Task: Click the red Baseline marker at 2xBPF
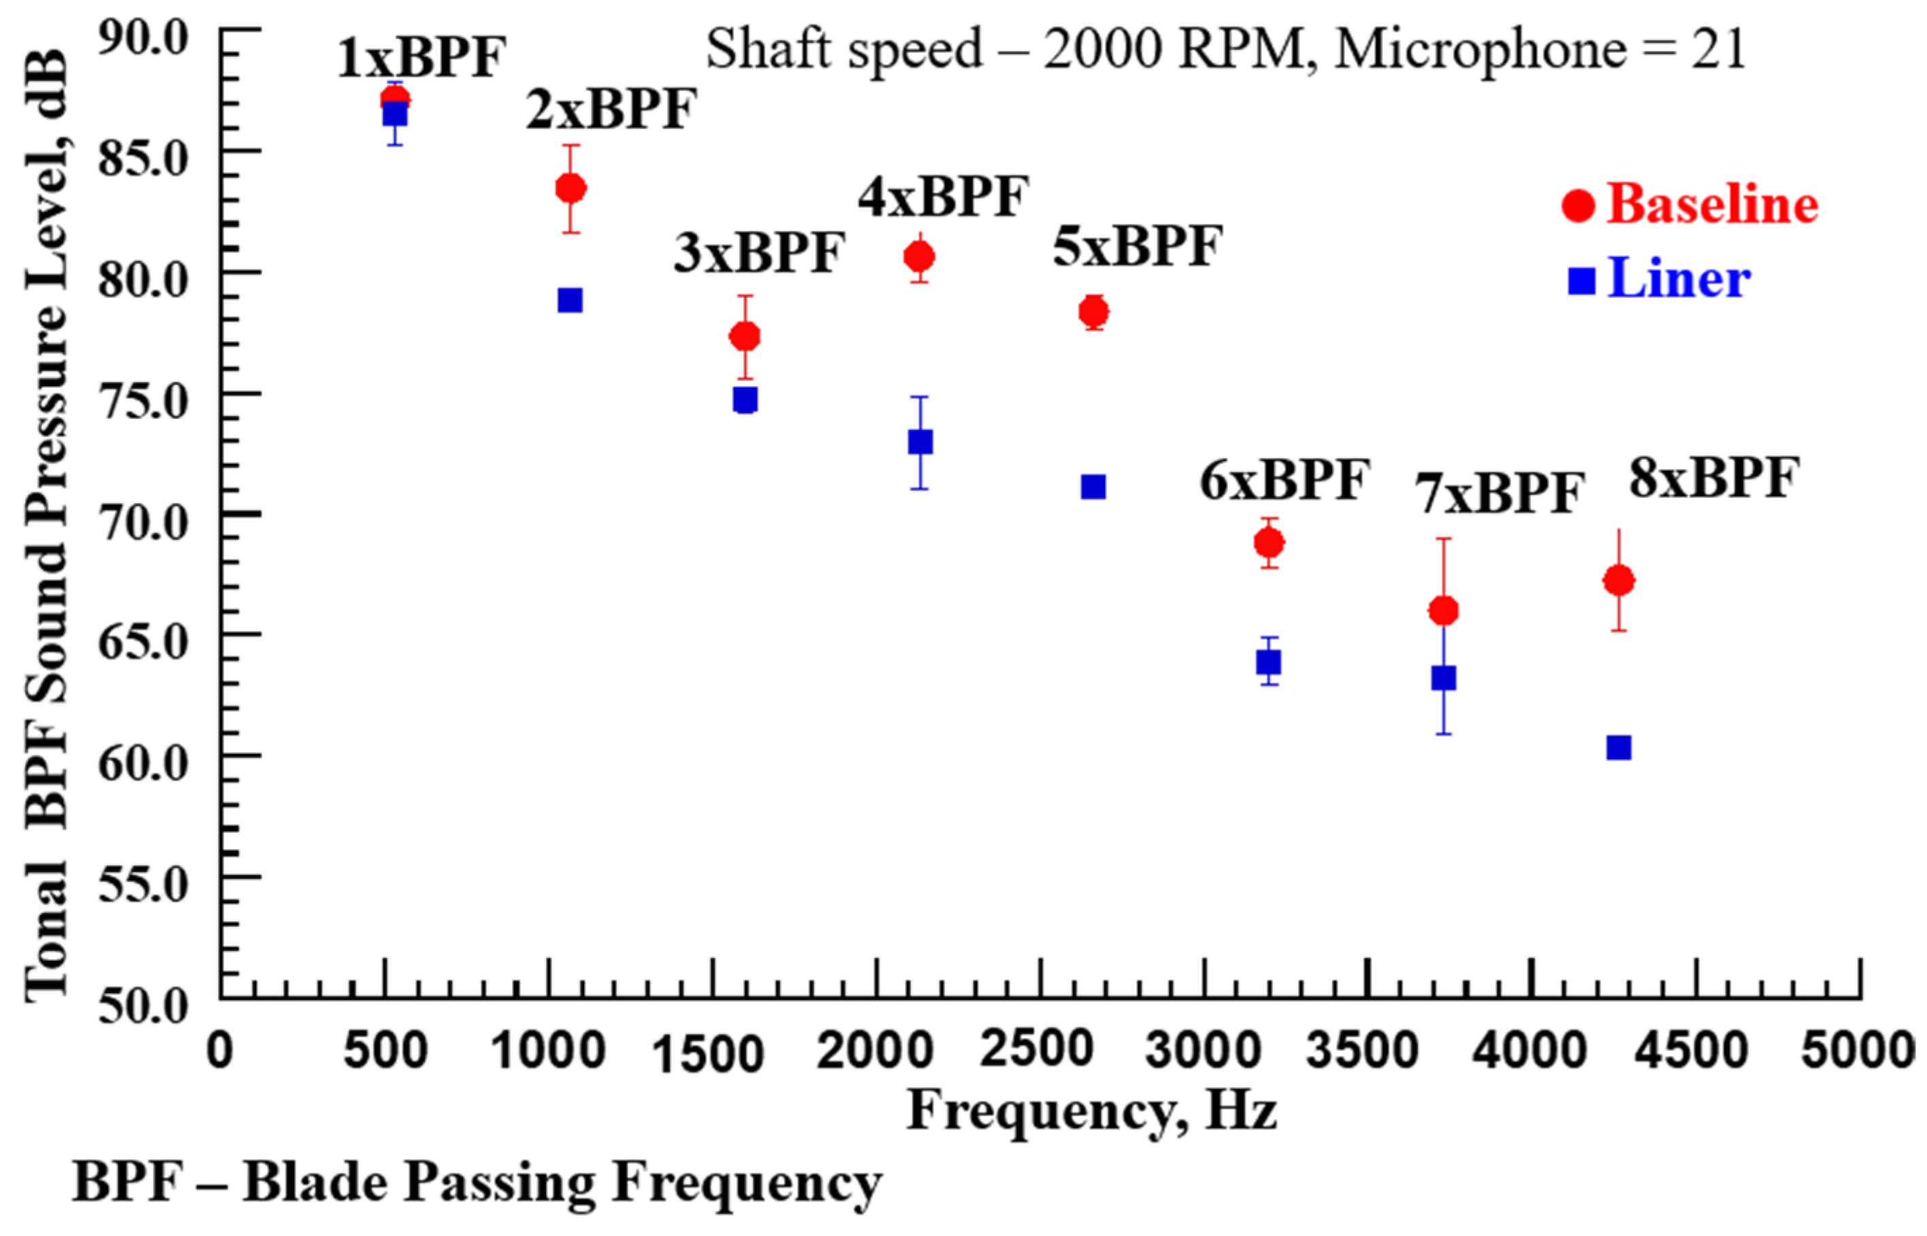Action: coord(570,188)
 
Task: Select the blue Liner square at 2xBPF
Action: coord(570,301)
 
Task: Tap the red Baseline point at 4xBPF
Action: coord(919,257)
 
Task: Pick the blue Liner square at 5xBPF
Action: coord(1093,486)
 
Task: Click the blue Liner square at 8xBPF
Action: coord(1618,748)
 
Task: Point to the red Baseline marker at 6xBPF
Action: coord(1269,543)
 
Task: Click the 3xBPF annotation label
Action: coord(758,252)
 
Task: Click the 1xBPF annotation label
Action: coord(422,58)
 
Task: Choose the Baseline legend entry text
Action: coord(1712,204)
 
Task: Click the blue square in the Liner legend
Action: coord(1582,280)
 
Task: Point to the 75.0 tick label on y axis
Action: coord(142,400)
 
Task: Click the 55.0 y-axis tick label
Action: coord(142,885)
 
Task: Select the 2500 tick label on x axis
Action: coord(1037,1050)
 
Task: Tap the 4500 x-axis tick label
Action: coord(1692,1050)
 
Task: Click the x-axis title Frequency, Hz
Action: coord(1091,1112)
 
